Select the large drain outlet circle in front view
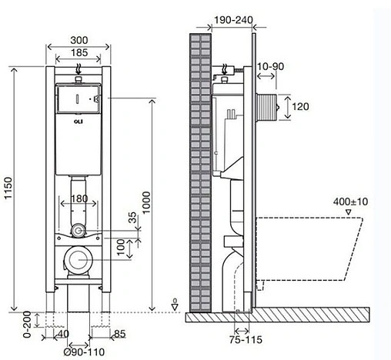click(x=78, y=262)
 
